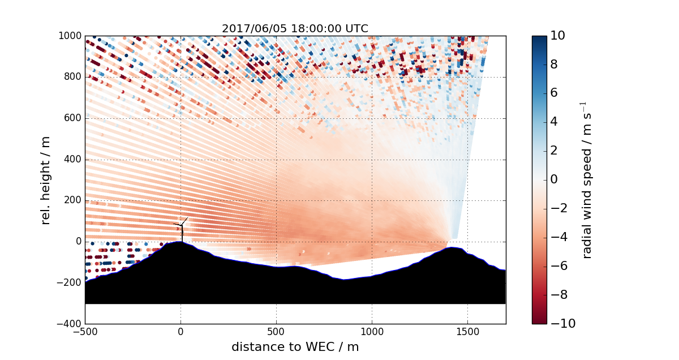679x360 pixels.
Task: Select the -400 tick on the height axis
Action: (x=71, y=324)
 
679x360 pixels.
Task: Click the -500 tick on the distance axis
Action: (x=85, y=332)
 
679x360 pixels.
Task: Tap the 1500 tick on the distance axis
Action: (x=467, y=332)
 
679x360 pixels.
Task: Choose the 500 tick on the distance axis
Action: (x=277, y=332)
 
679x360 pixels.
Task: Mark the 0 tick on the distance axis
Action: (x=181, y=332)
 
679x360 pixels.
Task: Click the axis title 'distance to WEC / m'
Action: (x=295, y=346)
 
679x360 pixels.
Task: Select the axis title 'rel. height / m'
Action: (x=46, y=180)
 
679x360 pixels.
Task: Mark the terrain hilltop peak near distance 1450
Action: (x=453, y=247)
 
